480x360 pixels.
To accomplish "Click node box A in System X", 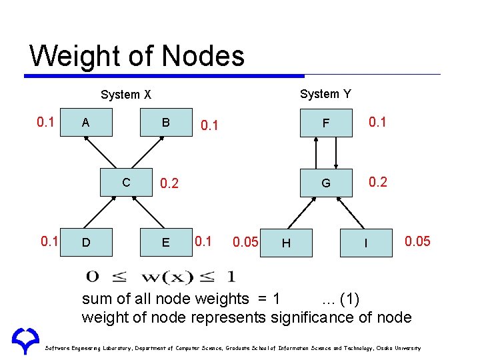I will coord(85,123).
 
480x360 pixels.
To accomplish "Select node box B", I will coord(166,123).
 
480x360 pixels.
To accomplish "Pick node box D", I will coord(85,242).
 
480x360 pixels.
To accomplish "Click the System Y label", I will coord(325,94).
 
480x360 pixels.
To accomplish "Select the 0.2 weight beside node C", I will coord(169,183).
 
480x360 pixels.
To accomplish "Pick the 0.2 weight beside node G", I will coord(378,182).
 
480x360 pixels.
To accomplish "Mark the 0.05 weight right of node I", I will coord(417,241).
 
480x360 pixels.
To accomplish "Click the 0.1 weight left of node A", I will coord(45,122).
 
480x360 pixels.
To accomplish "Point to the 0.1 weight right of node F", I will coord(378,122).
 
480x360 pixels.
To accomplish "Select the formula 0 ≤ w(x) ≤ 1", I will coord(160,276).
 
